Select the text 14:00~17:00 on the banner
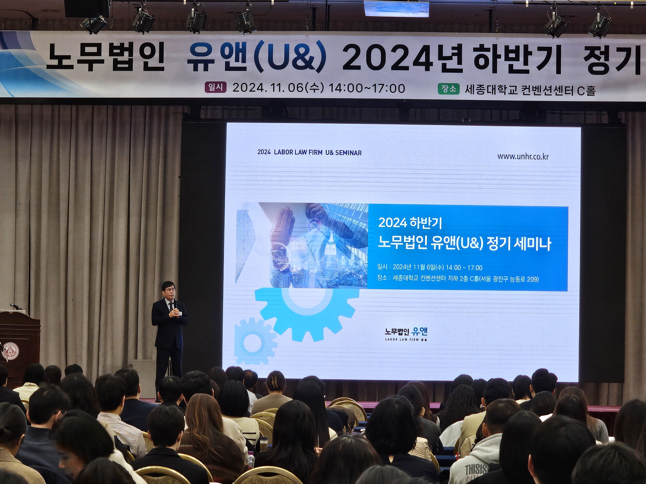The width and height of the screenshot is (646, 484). pos(367,88)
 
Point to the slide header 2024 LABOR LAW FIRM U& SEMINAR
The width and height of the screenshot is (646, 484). pos(310,153)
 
